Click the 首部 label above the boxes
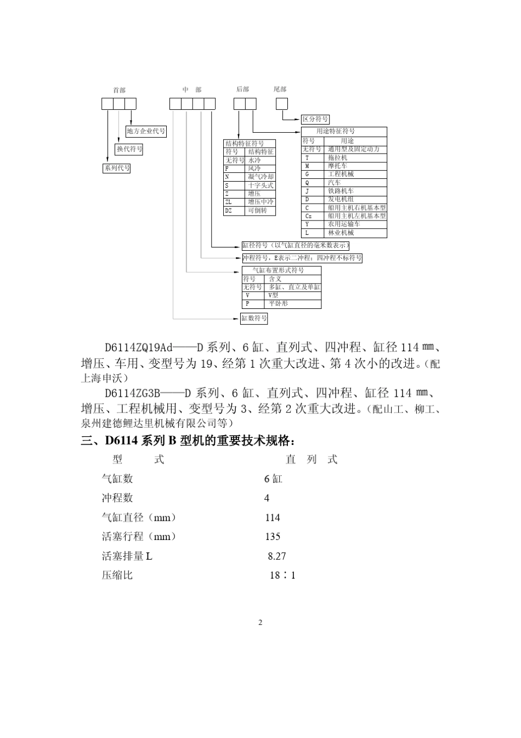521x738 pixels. pyautogui.click(x=119, y=90)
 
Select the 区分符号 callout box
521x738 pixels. pyautogui.click(x=315, y=119)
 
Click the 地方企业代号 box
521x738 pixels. pyautogui.click(x=146, y=131)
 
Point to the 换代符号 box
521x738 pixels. pyautogui.click(x=129, y=149)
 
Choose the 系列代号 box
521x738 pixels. pyautogui.click(x=117, y=168)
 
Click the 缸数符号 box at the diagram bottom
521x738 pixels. pyautogui.click(x=254, y=318)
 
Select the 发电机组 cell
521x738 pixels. pyautogui.click(x=341, y=199)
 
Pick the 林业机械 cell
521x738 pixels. pyautogui.click(x=341, y=233)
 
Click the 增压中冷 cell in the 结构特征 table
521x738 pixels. pyautogui.click(x=260, y=202)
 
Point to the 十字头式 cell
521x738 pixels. pyautogui.click(x=260, y=185)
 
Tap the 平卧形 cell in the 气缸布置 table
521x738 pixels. pyautogui.click(x=278, y=303)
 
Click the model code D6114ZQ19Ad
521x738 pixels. pyautogui.click(x=139, y=348)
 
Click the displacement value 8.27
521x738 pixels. pyautogui.click(x=277, y=556)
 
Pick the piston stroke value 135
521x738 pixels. pyautogui.click(x=273, y=537)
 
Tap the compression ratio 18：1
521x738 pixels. pyautogui.click(x=282, y=576)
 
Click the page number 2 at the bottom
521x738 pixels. pyautogui.click(x=260, y=622)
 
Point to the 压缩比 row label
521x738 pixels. pyautogui.click(x=117, y=576)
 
